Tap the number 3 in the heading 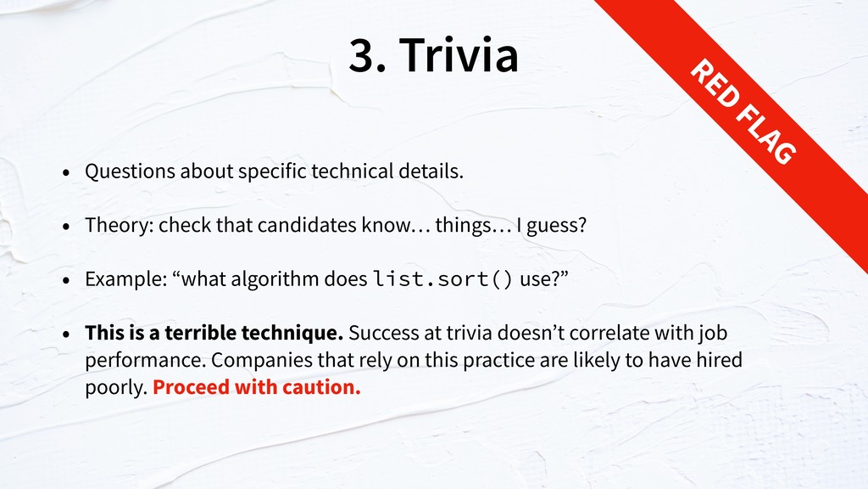pyautogui.click(x=362, y=54)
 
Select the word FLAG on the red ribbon pyautogui.click(x=767, y=136)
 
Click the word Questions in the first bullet pyautogui.click(x=130, y=171)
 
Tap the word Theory pyautogui.click(x=119, y=225)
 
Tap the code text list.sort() pyautogui.click(x=442, y=278)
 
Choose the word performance pyautogui.click(x=145, y=360)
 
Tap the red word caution pyautogui.click(x=321, y=387)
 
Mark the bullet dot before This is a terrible pyautogui.click(x=66, y=334)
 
